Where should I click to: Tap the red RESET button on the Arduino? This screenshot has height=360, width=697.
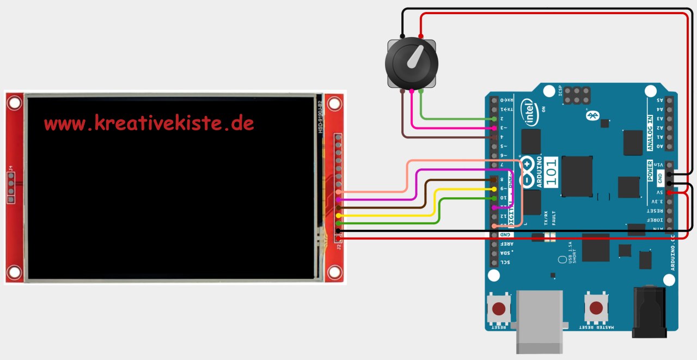[x=498, y=309]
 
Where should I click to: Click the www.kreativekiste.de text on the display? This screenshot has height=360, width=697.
[x=149, y=123]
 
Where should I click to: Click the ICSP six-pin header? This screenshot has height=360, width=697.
[x=577, y=96]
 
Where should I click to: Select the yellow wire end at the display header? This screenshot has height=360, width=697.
[x=339, y=216]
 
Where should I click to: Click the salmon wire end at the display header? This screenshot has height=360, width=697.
[x=339, y=192]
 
